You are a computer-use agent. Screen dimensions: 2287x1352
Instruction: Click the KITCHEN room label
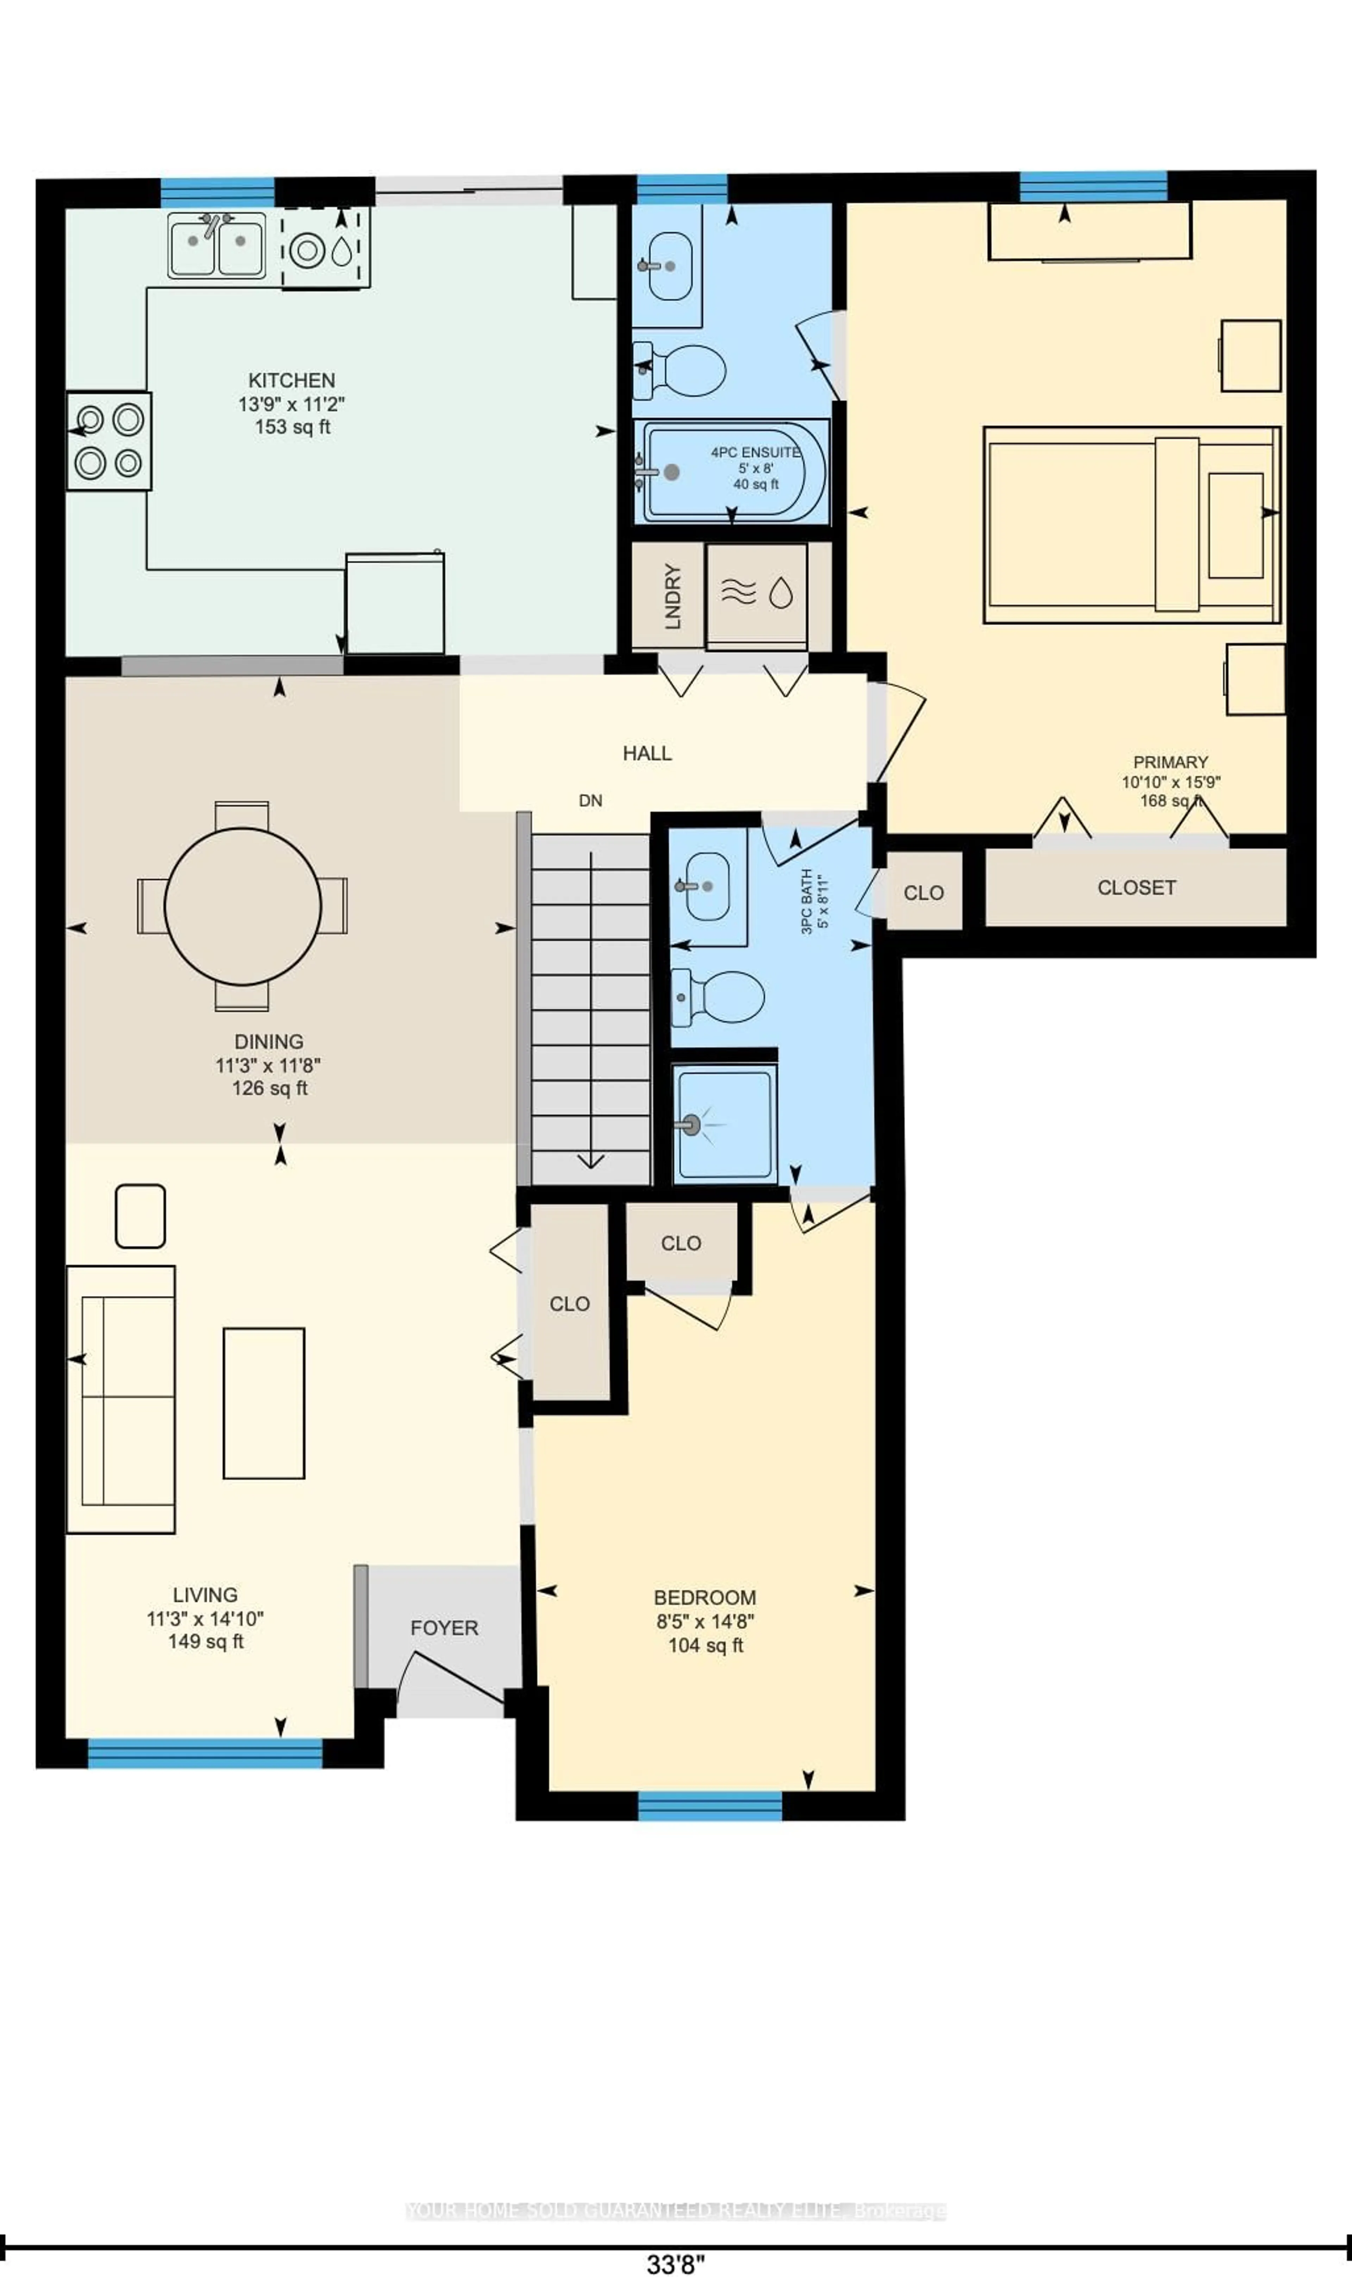pyautogui.click(x=292, y=380)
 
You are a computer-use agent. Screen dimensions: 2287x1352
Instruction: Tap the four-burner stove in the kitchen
pyautogui.click(x=108, y=441)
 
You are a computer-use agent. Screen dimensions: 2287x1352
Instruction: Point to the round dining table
pyautogui.click(x=242, y=906)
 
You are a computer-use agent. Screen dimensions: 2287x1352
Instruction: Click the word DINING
pyautogui.click(x=269, y=1041)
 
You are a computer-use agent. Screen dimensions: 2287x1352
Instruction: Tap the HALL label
pyautogui.click(x=647, y=753)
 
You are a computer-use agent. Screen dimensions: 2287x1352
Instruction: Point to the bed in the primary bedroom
pyautogui.click(x=1132, y=525)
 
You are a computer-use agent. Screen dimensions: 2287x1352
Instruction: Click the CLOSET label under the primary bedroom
pyautogui.click(x=1136, y=887)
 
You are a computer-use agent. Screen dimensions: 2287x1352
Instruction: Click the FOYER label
pyautogui.click(x=444, y=1628)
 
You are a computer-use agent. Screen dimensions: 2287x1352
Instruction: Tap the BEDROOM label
pyautogui.click(x=704, y=1597)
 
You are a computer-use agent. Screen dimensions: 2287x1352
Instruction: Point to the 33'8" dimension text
pyautogui.click(x=675, y=2264)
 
